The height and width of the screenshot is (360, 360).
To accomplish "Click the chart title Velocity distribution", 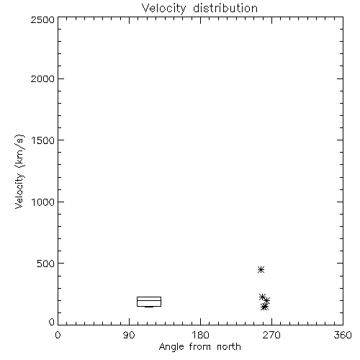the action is click(199, 9).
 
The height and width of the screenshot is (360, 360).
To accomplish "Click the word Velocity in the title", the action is click(163, 9).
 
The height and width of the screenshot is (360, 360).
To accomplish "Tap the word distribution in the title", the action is click(225, 8).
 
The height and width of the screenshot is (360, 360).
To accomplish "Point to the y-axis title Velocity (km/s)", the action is click(19, 171).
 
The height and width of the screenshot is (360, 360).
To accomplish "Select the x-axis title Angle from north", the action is click(199, 347).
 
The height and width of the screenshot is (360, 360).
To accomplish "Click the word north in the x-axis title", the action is click(229, 346).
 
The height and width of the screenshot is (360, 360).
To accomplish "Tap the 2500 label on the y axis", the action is click(42, 19).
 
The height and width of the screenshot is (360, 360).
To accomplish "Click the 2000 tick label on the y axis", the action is click(42, 78).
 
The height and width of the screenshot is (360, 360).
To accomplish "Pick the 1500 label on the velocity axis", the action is click(43, 140).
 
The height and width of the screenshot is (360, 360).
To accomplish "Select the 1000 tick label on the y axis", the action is click(43, 202).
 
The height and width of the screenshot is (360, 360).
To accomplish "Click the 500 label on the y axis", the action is click(46, 264).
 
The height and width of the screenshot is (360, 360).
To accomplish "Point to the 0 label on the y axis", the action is click(52, 322).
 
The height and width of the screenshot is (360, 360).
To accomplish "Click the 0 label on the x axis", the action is click(58, 335).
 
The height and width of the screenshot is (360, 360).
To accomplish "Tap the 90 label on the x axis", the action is click(129, 335).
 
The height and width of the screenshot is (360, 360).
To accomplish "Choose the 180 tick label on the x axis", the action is click(200, 335).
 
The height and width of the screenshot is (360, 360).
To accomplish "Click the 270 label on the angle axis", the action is click(271, 335).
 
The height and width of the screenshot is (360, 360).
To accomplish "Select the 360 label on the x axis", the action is click(343, 335).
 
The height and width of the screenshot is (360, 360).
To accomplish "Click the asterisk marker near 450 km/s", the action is click(261, 270).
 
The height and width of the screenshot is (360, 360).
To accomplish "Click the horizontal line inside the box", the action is click(149, 300).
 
